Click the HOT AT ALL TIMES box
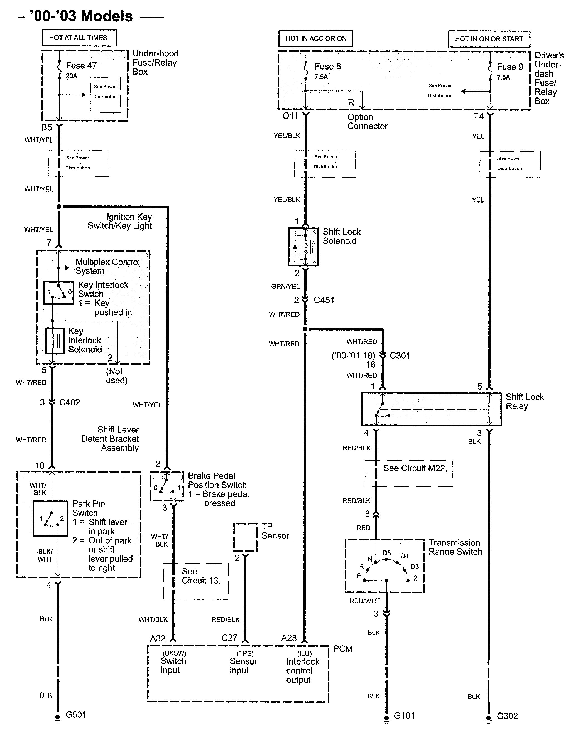tap(79, 38)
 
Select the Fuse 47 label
tap(81, 66)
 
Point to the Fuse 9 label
tap(510, 67)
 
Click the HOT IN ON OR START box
tap(489, 39)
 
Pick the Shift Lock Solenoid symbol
tap(303, 247)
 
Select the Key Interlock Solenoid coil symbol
tap(55, 341)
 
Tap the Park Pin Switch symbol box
tap(51, 518)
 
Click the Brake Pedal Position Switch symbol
tap(166, 486)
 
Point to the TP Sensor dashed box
tap(245, 537)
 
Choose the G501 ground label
tap(76, 714)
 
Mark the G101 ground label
tap(404, 715)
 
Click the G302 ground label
tap(507, 716)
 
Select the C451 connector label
tap(324, 300)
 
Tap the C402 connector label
tap(69, 402)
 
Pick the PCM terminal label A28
tap(289, 638)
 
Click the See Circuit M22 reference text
tap(415, 468)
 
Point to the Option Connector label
tap(367, 121)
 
